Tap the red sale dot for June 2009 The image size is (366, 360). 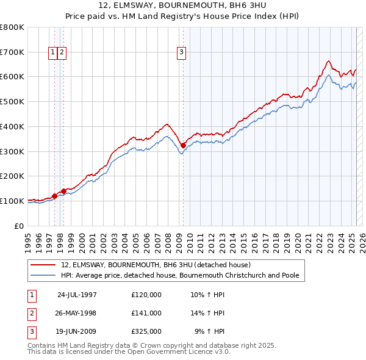(183, 145)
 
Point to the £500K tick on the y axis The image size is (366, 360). (12, 101)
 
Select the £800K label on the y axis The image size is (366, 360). (12, 27)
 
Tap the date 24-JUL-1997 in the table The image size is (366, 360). (77, 295)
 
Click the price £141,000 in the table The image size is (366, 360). (146, 313)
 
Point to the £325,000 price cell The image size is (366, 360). (146, 331)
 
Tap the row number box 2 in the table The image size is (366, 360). (30, 313)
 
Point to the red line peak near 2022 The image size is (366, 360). (328, 61)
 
